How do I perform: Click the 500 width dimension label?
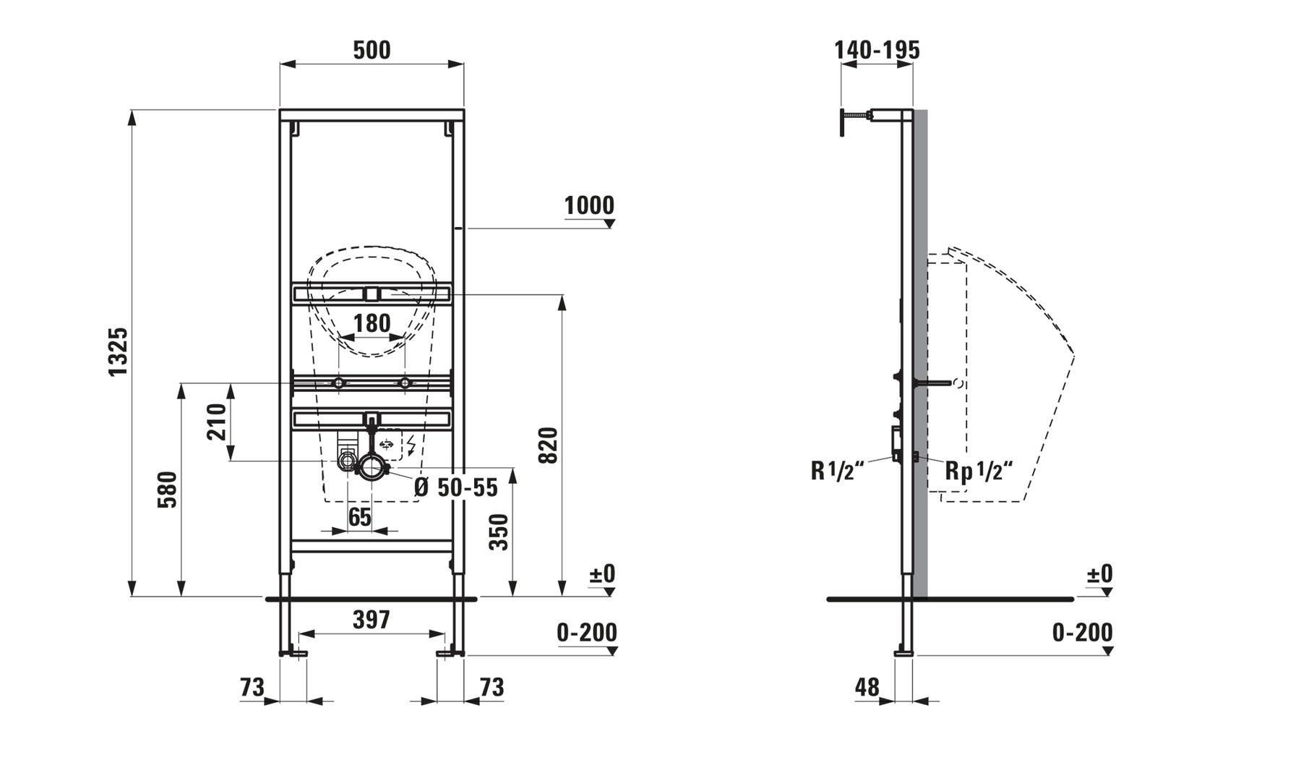click(372, 50)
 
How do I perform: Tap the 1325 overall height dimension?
click(118, 351)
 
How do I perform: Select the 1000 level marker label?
click(589, 205)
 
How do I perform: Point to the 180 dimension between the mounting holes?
click(372, 323)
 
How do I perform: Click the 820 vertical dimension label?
click(549, 445)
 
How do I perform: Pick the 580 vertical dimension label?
click(167, 490)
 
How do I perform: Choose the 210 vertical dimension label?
click(217, 422)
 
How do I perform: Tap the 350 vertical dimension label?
click(499, 532)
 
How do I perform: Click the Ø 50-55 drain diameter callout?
click(456, 487)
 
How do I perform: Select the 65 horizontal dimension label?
click(359, 517)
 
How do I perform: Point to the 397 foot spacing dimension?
click(372, 620)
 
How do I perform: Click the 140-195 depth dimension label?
click(877, 50)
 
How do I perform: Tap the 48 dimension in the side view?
click(867, 686)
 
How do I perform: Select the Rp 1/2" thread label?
click(979, 471)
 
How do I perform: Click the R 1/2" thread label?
click(838, 471)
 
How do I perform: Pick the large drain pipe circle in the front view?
click(372, 466)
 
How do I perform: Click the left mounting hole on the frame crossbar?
click(338, 383)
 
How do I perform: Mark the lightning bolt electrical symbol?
click(412, 445)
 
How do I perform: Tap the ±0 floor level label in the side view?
click(1099, 574)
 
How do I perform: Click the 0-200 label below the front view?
click(587, 633)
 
